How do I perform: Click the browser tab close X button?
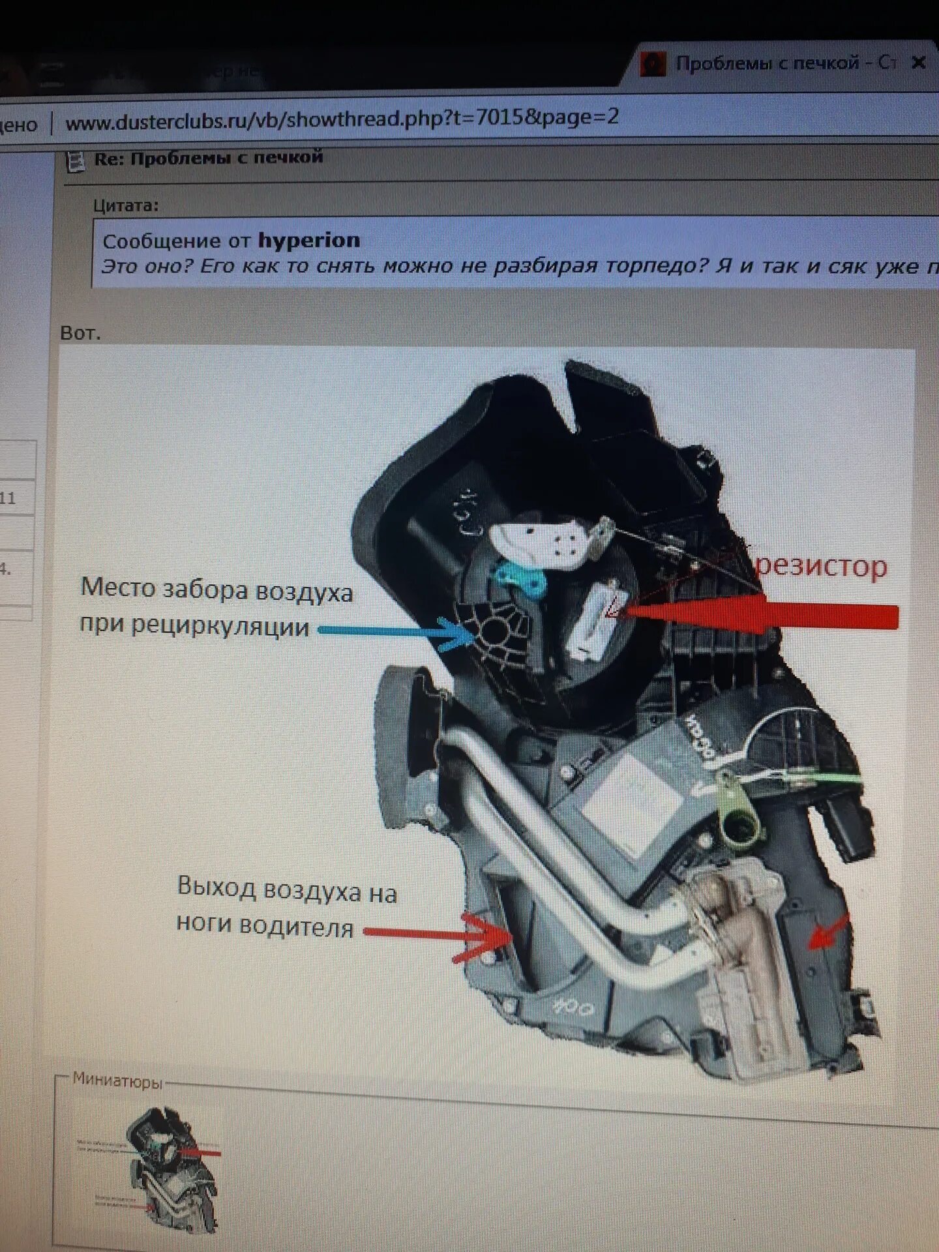[918, 63]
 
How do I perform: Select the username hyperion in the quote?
[308, 241]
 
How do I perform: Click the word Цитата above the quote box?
[125, 205]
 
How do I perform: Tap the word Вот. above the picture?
[80, 333]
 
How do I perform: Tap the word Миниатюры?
[117, 1081]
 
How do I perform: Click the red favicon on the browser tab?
[653, 64]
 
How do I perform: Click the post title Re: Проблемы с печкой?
[209, 158]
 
